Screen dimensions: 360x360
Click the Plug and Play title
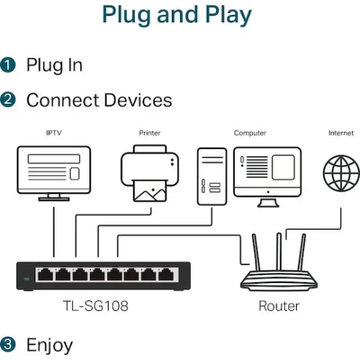coord(176,14)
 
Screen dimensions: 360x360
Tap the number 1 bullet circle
coord(9,66)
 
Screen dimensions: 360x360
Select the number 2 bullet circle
coord(9,100)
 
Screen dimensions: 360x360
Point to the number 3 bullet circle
coord(9,344)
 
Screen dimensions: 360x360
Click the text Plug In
coord(54,66)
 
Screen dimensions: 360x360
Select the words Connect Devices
coord(99,100)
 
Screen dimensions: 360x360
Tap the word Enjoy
coord(50,344)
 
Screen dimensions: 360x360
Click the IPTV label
coord(54,133)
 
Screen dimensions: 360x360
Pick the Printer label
coord(150,133)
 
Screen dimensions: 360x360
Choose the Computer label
coord(250,133)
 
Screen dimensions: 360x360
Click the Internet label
coord(341,133)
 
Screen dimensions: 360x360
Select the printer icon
coord(150,173)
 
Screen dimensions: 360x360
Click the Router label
coord(279,306)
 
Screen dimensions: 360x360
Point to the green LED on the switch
coord(27,278)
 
